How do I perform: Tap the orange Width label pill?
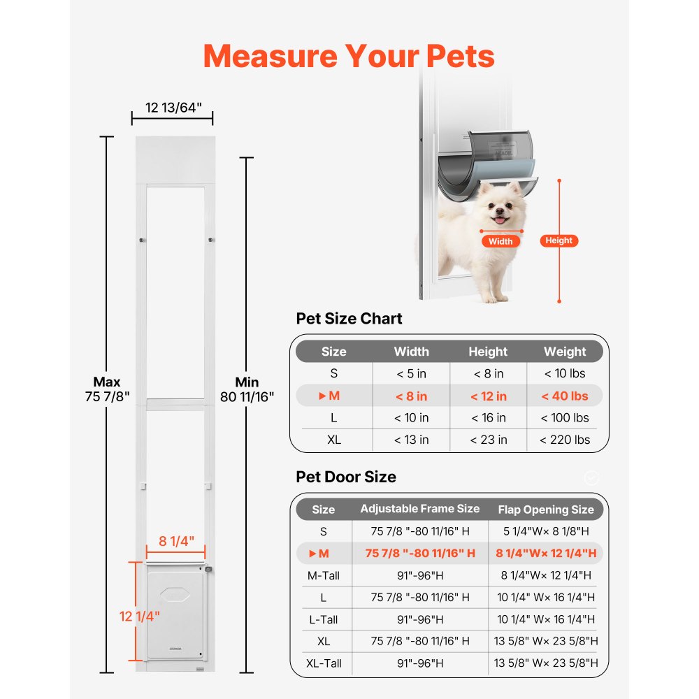coord(500,241)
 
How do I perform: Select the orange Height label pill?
coord(559,240)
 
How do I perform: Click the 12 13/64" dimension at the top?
coord(173,107)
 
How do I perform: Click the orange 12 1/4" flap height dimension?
coord(140,616)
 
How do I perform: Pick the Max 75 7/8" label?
coord(107,389)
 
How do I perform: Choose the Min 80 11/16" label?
coord(247,389)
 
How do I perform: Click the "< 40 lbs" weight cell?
coord(565,396)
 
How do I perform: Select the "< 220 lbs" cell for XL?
coord(565,440)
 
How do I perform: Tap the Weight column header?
coord(565,352)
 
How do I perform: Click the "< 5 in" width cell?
coord(411,374)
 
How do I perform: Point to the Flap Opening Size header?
coord(546,510)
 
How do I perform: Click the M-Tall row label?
coord(324,575)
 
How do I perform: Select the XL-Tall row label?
coord(324,663)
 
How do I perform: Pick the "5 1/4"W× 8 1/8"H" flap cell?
coord(546,531)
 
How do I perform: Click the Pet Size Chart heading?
coord(349,319)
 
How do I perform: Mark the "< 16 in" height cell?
coord(488,418)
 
